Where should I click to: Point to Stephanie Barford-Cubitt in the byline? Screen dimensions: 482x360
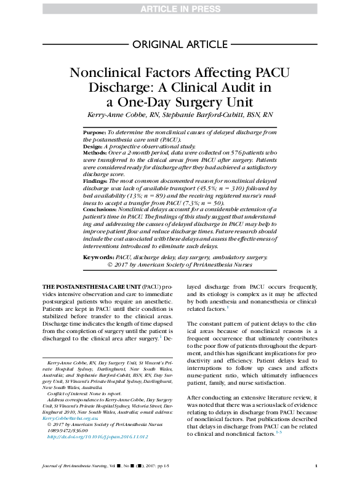coord(209,115)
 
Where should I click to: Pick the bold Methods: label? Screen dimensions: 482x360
coord(96,153)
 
